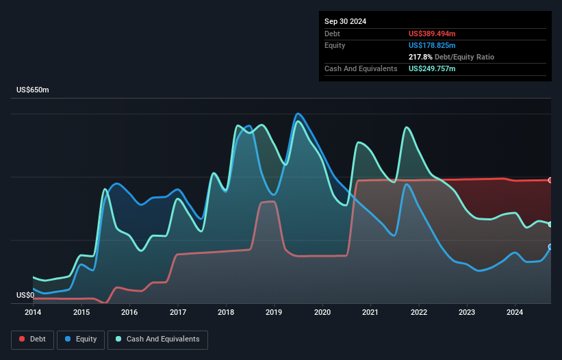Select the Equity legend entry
pyautogui.click(x=81, y=339)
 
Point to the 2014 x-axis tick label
pyautogui.click(x=33, y=313)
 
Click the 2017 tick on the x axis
pyautogui.click(x=177, y=313)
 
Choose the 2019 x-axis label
pyautogui.click(x=274, y=313)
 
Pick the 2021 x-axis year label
pyautogui.click(x=370, y=313)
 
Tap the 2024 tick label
pyautogui.click(x=515, y=313)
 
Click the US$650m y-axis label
pyautogui.click(x=33, y=90)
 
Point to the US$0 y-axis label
pyautogui.click(x=26, y=296)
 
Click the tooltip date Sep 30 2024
pyautogui.click(x=345, y=21)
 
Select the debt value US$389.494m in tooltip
pyautogui.click(x=432, y=34)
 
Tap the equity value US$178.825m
pyautogui.click(x=432, y=45)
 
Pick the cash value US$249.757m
pyautogui.click(x=432, y=69)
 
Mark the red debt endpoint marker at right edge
pyautogui.click(x=550, y=180)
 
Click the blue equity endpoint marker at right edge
pyautogui.click(x=550, y=246)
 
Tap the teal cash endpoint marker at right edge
pyautogui.click(x=550, y=224)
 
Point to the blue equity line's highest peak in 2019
pyautogui.click(x=298, y=114)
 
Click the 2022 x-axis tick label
pyautogui.click(x=418, y=313)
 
